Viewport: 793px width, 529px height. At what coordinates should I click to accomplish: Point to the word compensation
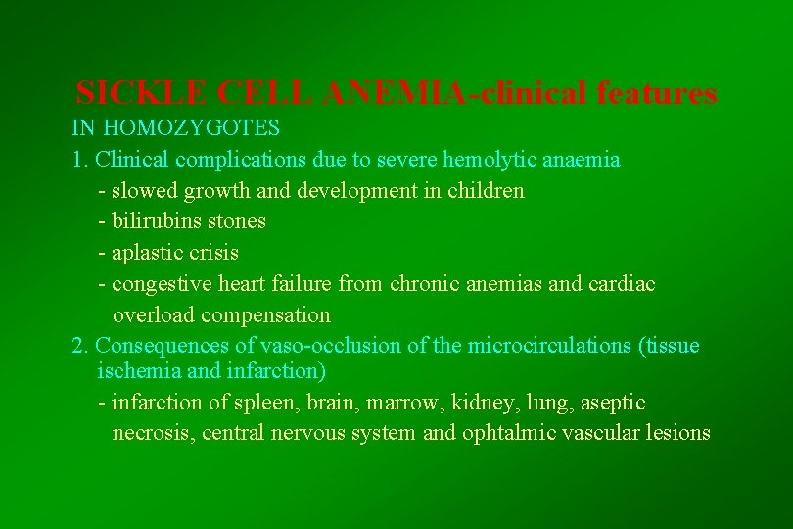tap(270, 315)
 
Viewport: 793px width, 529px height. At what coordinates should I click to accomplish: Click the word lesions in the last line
tap(676, 433)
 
